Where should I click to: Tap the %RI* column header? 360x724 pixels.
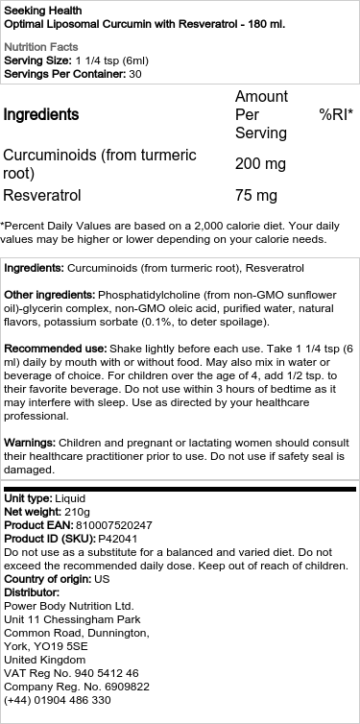pyautogui.click(x=335, y=114)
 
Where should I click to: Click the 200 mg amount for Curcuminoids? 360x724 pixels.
pyautogui.click(x=260, y=164)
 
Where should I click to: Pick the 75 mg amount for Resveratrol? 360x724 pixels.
pyautogui.click(x=256, y=195)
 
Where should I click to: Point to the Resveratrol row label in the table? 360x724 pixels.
pyautogui.click(x=42, y=195)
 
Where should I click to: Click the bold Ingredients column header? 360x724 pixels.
pyautogui.click(x=41, y=114)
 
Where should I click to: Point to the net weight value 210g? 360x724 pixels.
pyautogui.click(x=81, y=512)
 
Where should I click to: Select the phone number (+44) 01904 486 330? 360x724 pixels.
pyautogui.click(x=58, y=700)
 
